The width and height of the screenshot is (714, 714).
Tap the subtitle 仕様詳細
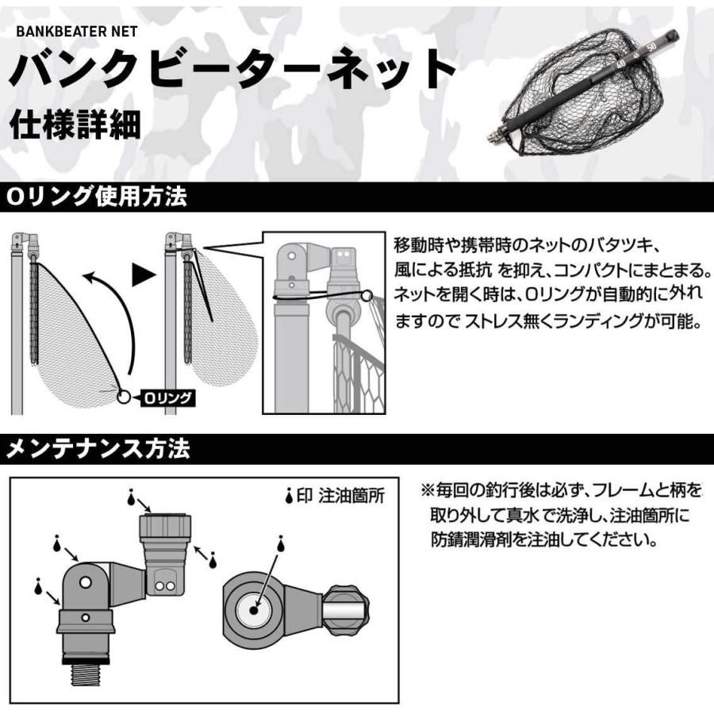tap(75, 125)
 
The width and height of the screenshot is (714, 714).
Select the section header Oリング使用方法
tap(98, 198)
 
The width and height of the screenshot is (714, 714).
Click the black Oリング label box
tap(166, 398)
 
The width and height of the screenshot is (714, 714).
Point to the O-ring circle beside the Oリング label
tap(124, 397)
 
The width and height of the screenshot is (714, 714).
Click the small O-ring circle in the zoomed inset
tap(367, 297)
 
